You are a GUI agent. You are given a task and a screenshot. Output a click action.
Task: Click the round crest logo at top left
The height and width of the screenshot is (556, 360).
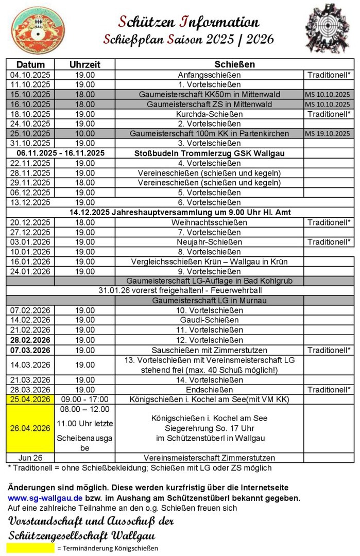38,30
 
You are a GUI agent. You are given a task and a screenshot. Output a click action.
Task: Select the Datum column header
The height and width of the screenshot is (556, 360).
30,65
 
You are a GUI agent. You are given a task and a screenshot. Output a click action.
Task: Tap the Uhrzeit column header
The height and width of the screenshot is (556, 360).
85,65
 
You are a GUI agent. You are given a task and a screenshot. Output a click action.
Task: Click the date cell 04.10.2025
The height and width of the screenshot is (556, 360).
30,75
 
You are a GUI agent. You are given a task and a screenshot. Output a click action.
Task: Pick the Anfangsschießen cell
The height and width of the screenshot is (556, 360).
209,75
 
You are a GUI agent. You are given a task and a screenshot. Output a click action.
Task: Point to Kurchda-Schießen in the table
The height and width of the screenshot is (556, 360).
209,114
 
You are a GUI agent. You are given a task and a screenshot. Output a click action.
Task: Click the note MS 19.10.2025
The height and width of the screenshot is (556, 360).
327,133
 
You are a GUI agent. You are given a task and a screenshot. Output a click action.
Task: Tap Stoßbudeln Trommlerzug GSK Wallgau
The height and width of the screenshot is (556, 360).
209,153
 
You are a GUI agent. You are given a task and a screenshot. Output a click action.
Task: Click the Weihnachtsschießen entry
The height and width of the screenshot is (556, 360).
209,222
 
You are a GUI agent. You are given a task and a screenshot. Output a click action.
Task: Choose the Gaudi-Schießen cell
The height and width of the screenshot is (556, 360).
209,320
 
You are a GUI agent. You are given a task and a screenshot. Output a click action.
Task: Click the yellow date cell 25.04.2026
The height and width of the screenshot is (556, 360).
30,399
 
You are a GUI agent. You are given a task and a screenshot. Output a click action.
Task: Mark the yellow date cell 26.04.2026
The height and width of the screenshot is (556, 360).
30,428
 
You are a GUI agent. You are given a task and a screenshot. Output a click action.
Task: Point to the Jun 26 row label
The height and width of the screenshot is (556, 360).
30,458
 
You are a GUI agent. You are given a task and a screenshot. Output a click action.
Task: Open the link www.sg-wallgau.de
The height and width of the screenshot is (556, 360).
45,498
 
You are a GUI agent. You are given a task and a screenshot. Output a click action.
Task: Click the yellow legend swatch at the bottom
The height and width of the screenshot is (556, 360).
30,548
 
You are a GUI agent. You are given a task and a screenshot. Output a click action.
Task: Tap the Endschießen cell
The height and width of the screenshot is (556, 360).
209,389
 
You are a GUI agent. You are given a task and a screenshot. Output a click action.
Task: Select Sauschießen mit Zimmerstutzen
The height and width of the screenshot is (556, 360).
209,350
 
